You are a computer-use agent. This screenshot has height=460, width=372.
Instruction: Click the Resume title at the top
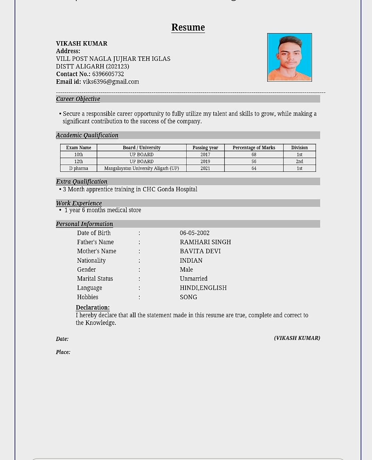coord(188,27)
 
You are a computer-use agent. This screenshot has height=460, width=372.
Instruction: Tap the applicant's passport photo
coord(289,57)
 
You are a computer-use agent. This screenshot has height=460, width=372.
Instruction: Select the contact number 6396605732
coord(108,74)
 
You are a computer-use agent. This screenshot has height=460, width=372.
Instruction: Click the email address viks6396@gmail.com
coord(111,82)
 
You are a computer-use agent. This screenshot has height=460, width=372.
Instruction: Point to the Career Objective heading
coord(78,99)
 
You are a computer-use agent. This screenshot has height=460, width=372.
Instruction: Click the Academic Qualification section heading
coord(87,135)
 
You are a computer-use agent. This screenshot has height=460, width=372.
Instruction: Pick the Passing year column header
coord(205,148)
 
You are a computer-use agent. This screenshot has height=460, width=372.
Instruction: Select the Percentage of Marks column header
coord(254,148)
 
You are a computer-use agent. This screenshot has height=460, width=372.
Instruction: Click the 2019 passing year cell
coord(205,161)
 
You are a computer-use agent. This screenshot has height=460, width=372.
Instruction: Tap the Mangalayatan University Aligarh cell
coord(141,168)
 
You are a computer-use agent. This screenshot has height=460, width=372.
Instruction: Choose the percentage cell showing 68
coord(254,154)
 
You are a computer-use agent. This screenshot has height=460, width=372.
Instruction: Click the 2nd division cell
coord(299,161)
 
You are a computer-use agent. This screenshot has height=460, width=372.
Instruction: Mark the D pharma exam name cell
coord(78,168)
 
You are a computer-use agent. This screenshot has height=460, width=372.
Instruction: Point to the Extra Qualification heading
coord(82,182)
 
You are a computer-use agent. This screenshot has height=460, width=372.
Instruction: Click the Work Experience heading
coord(79,203)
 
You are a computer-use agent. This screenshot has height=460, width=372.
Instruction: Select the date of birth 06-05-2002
coord(195,233)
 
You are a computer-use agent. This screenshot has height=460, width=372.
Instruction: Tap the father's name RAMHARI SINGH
coord(205,242)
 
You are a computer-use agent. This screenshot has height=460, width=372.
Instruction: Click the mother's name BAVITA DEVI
coord(200,251)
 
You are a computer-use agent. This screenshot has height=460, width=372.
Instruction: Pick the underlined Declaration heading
coord(93,308)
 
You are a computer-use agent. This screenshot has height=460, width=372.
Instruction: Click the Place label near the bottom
coord(63,352)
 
